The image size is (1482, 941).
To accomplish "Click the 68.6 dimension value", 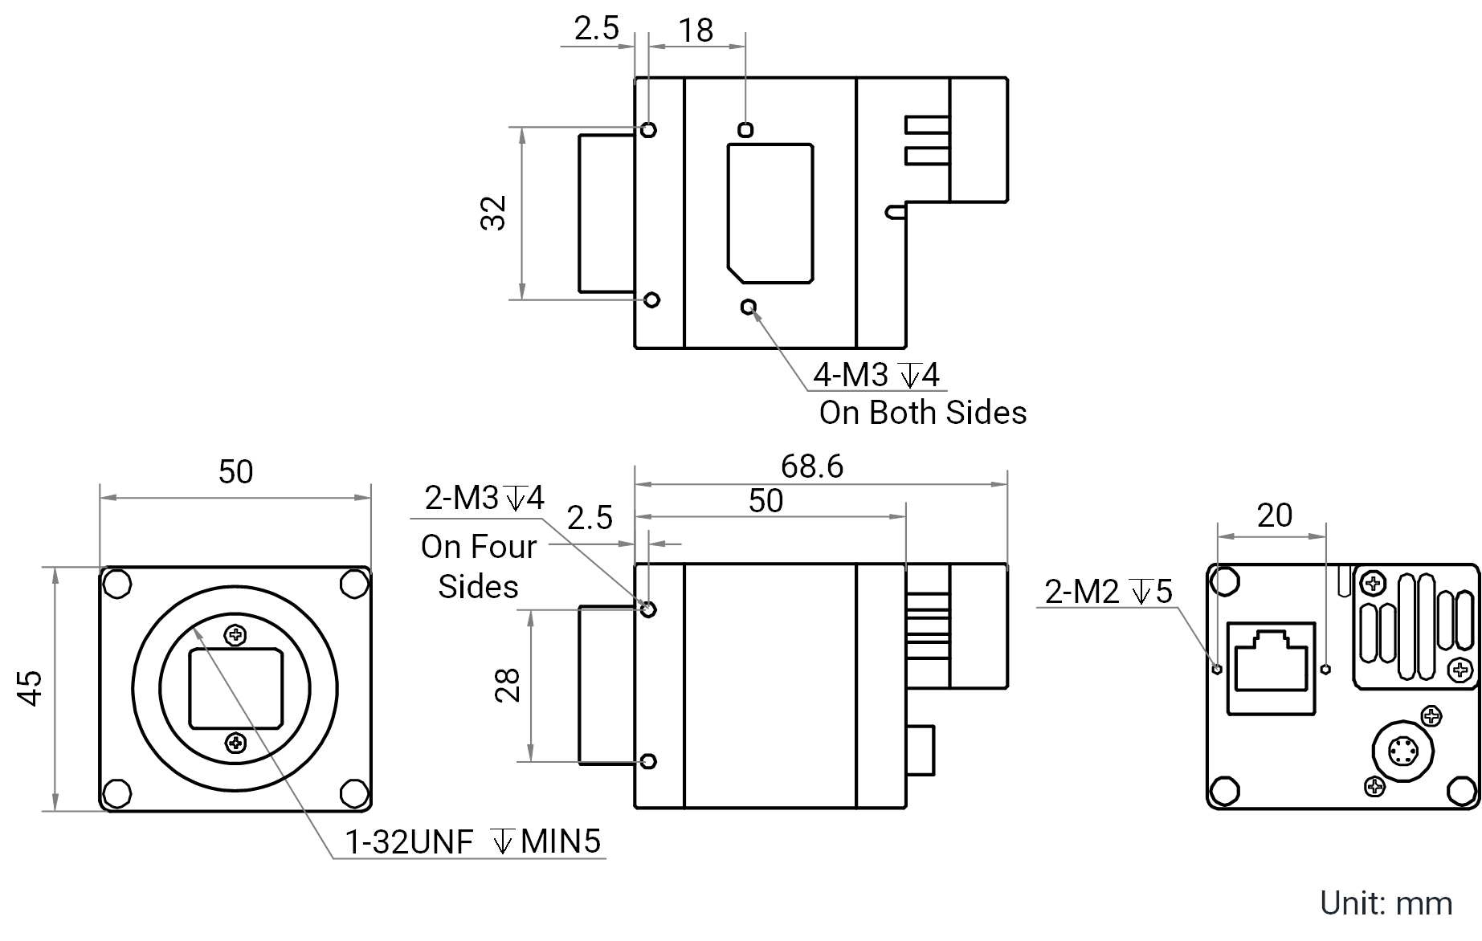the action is pos(811,466).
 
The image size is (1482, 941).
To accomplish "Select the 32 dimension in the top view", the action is pos(494,214).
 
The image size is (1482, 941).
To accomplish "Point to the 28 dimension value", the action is pos(508,685).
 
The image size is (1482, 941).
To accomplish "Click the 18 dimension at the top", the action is pos(696,31).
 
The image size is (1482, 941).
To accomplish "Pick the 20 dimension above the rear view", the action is pos(1275,515).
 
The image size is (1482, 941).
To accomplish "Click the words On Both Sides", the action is pos(923,413).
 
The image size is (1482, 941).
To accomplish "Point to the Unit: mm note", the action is pos(1386,903).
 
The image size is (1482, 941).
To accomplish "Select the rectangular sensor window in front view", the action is pos(235,690).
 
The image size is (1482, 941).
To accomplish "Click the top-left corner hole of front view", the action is pos(117,584).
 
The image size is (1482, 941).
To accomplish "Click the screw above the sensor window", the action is pos(235,635).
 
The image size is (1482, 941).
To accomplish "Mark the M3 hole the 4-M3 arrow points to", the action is pos(749,306).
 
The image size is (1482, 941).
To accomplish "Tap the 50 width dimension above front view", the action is pos(235,472).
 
